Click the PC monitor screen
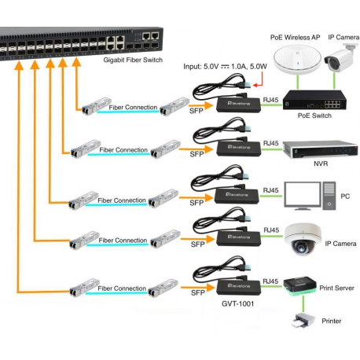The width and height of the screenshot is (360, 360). (303, 194)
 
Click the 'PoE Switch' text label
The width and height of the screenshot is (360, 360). (314, 116)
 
